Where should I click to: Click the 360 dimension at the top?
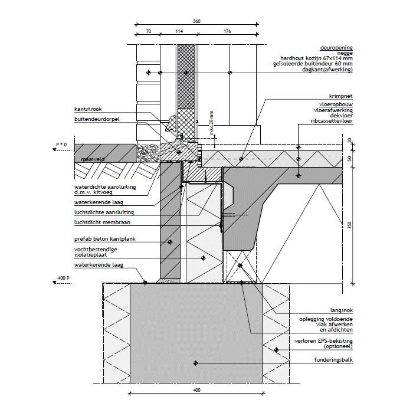[196, 21]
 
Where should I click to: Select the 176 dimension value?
[227, 31]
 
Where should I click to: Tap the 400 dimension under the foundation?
[196, 390]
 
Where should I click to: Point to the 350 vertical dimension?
[349, 225]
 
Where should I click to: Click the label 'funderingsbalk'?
[333, 360]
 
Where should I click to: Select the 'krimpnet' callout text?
[340, 96]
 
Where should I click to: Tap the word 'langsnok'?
[342, 310]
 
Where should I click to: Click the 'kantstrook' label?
[88, 109]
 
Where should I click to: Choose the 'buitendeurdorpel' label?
[97, 119]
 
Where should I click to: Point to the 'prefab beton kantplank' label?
[105, 239]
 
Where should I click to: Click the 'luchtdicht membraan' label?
[102, 222]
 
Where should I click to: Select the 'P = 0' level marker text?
[61, 145]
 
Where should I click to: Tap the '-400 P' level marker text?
[63, 278]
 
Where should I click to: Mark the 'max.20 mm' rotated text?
[211, 123]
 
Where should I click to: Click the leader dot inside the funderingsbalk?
[195, 363]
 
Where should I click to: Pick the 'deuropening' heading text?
[336, 48]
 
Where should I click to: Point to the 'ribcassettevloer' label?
[332, 121]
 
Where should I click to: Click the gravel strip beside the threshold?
[148, 153]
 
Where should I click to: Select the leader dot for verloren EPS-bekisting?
[276, 350]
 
